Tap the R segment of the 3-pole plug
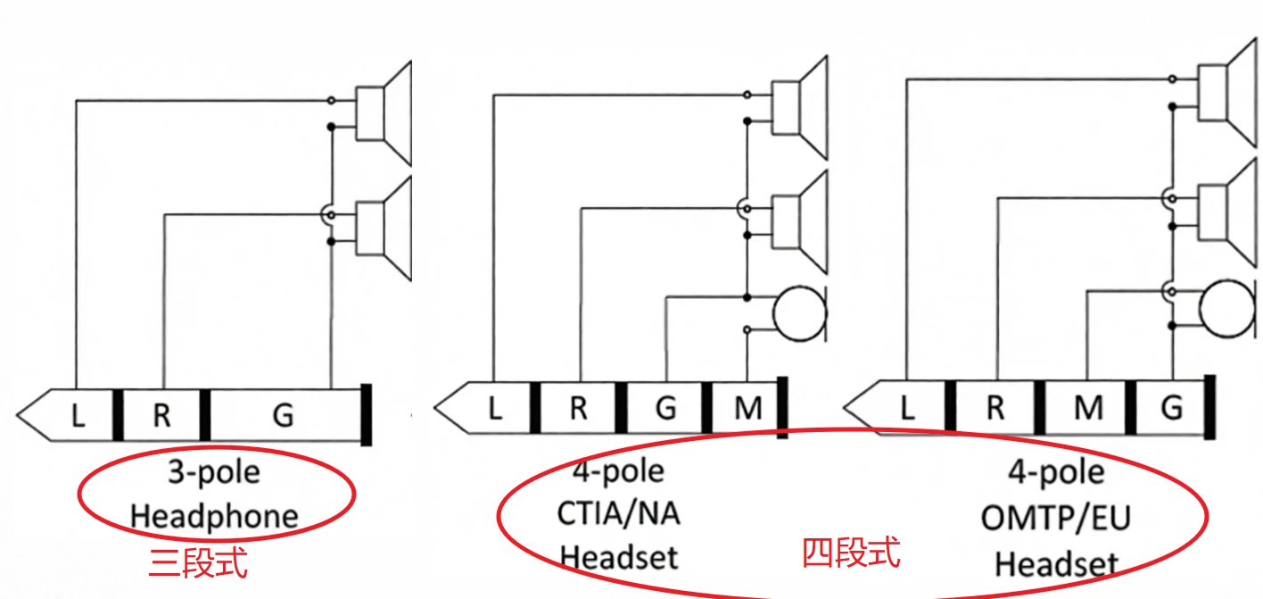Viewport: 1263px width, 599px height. tap(161, 415)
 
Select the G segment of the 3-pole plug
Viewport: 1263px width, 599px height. tap(283, 415)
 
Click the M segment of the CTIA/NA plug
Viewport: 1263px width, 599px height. tap(747, 408)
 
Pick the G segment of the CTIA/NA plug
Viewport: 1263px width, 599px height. tap(665, 408)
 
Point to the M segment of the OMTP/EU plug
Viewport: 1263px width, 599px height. tap(1087, 408)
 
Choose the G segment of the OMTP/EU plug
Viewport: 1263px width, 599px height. tap(1171, 408)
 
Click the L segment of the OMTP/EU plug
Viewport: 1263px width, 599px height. tap(907, 408)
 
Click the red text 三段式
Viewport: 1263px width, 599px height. tap(197, 563)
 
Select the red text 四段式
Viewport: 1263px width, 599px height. tap(851, 553)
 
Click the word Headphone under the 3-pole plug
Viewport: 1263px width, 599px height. tap(214, 515)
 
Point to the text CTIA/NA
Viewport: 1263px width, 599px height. tap(619, 513)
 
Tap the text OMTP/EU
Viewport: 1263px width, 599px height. tap(1055, 518)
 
